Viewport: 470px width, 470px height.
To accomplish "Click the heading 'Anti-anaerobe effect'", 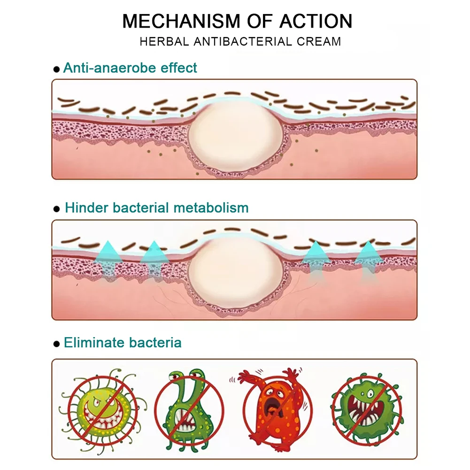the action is (x=130, y=68).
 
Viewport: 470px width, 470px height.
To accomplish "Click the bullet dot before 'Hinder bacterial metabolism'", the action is (x=57, y=209).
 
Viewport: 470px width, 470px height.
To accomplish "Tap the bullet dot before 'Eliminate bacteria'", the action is (x=57, y=344).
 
